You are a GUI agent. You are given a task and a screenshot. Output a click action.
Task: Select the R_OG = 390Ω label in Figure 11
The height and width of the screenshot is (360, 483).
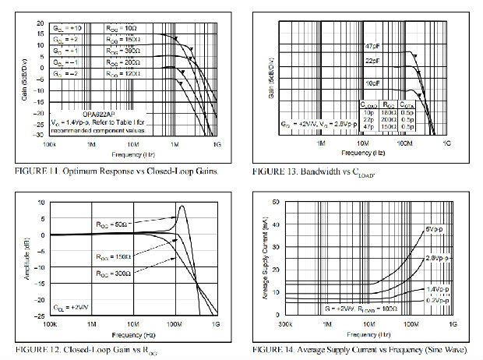click(x=122, y=49)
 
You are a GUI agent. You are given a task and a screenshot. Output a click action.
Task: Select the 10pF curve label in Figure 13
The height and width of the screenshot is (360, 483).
click(x=372, y=82)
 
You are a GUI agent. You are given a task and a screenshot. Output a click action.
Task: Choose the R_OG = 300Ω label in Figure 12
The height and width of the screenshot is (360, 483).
click(x=110, y=274)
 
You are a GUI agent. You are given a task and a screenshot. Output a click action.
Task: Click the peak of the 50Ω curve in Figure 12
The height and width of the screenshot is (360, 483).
click(x=182, y=206)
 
